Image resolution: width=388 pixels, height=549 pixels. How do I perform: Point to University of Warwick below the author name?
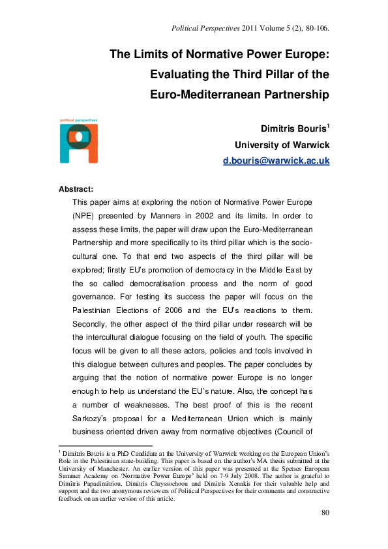pos(282,145)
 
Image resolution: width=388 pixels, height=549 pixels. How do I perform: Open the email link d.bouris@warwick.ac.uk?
pos(276,160)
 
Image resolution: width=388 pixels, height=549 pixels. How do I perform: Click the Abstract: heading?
pos(77,189)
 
